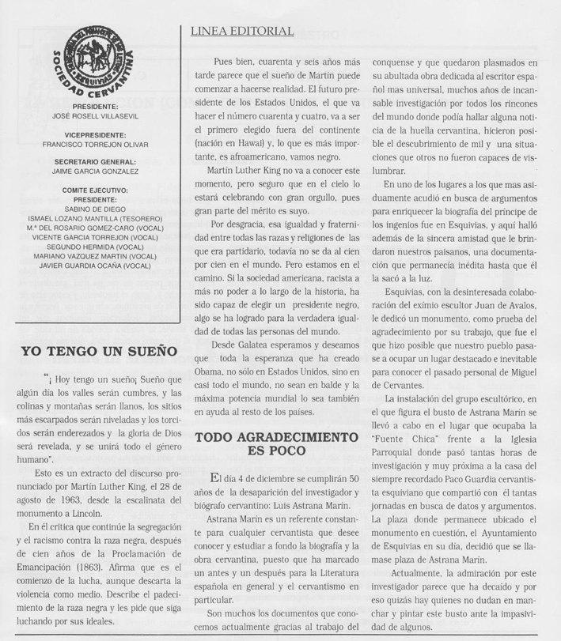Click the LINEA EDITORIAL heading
[x=243, y=32]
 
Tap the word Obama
[x=210, y=371]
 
